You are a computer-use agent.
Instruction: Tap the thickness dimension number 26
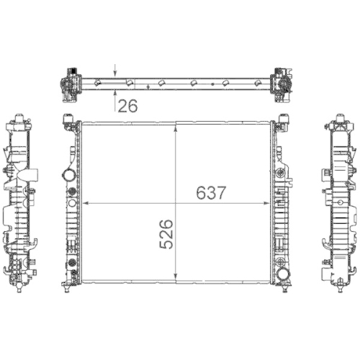(127, 106)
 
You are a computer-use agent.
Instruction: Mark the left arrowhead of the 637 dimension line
(86, 204)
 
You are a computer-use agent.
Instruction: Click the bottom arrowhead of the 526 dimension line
(176, 278)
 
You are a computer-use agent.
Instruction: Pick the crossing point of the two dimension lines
(176, 204)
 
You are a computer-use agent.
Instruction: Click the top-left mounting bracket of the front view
(71, 120)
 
